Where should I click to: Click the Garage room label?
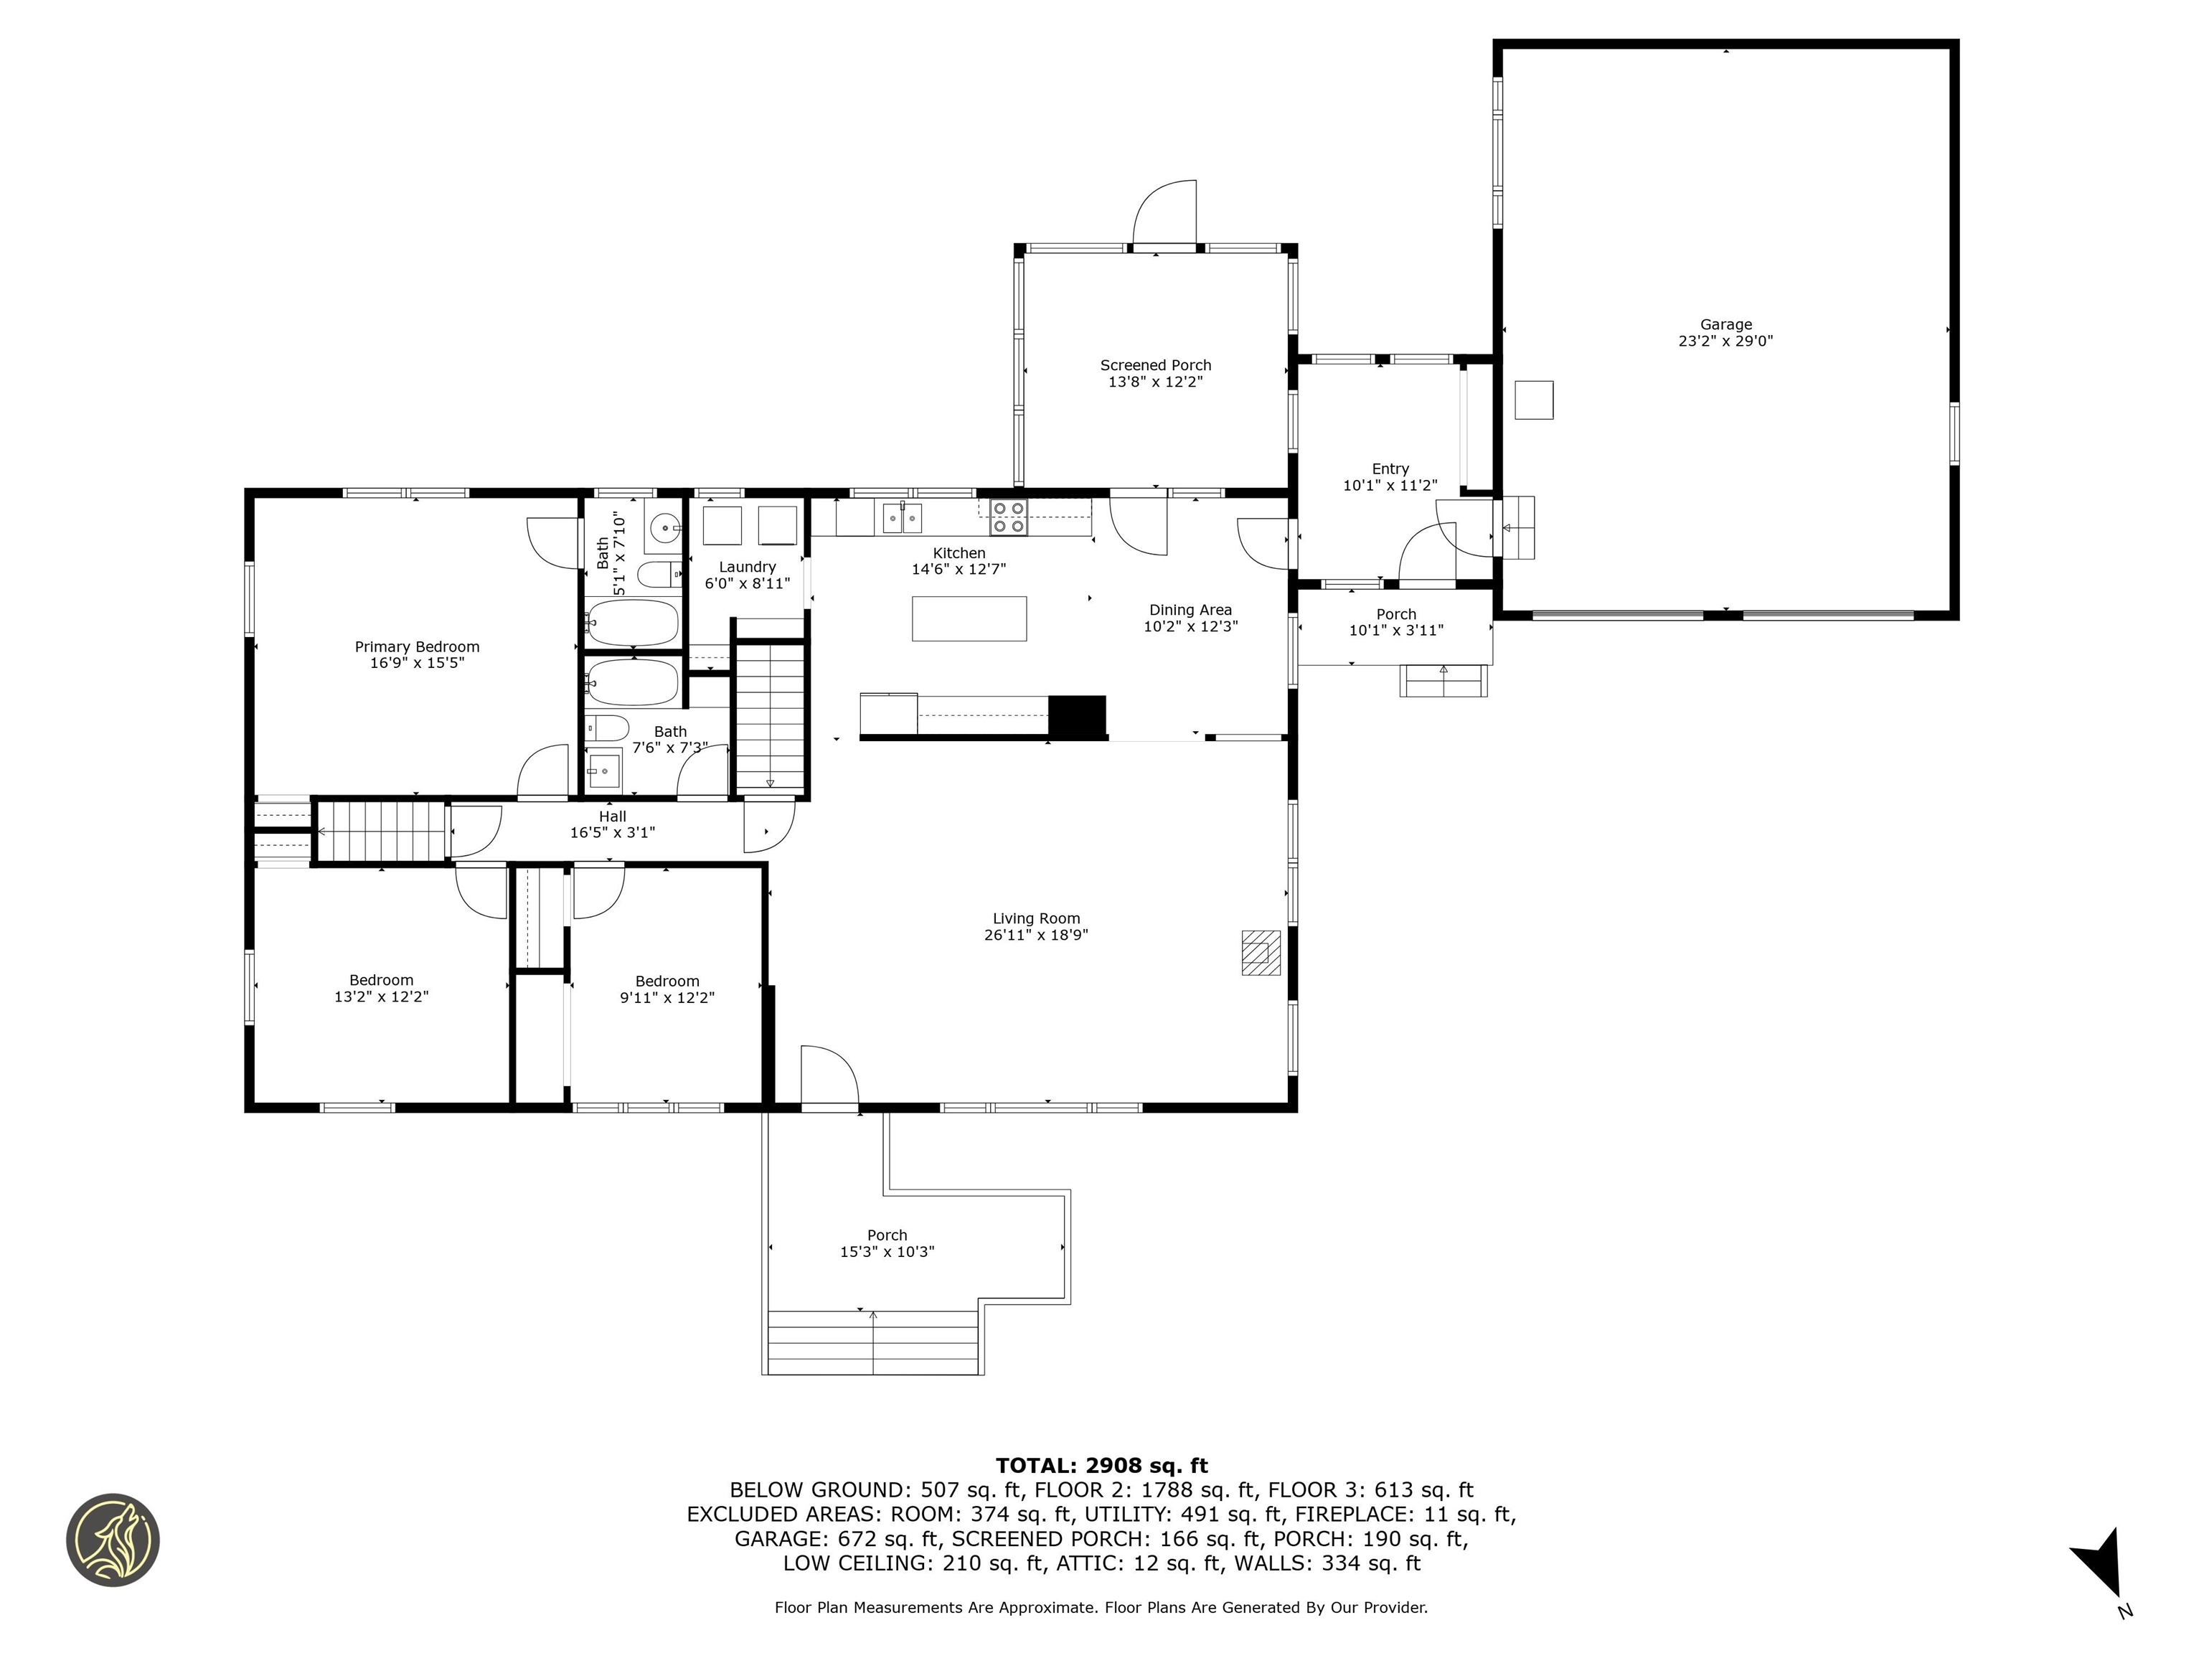pos(1725,324)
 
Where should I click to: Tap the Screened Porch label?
pos(1156,364)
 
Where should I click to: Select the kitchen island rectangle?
pos(969,618)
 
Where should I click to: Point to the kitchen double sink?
pos(902,518)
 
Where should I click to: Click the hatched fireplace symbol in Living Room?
pos(1261,951)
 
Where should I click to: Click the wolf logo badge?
pos(113,1540)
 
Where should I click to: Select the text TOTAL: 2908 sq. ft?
pos(1101,1466)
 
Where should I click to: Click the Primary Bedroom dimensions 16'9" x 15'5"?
pos(418,663)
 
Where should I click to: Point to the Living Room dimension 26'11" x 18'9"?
pos(1036,935)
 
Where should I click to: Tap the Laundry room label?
pos(748,566)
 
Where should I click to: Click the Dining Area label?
pos(1191,610)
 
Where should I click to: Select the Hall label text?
pos(613,816)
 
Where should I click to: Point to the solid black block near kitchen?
pos(1077,717)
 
